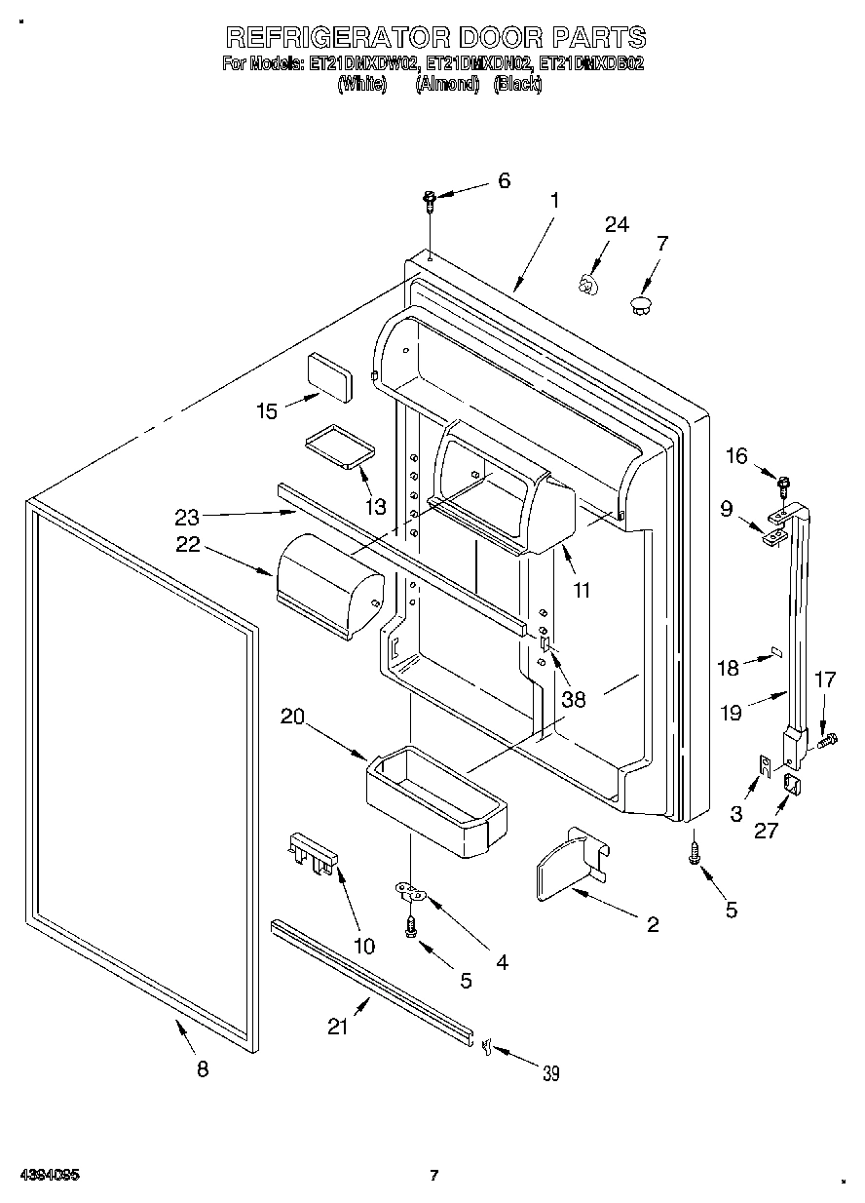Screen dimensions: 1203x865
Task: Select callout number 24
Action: coord(617,224)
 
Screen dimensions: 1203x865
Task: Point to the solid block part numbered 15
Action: coord(330,375)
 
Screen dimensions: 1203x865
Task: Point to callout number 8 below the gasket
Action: coord(203,1068)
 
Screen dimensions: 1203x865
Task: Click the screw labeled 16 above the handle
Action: coord(783,479)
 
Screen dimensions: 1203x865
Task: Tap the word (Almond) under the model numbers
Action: coord(448,85)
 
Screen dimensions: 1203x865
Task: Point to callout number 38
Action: coord(574,698)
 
